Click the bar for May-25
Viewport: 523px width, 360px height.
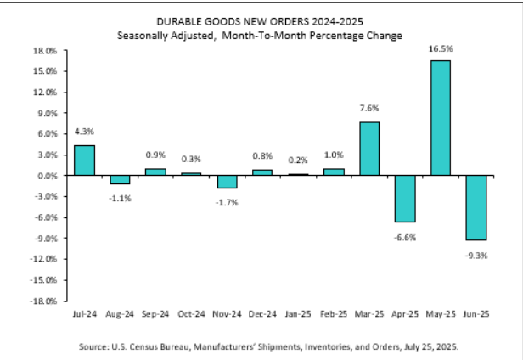[441, 118]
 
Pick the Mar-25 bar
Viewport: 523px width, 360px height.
[369, 149]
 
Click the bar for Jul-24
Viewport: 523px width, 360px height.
[84, 160]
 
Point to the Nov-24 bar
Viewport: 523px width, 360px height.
[227, 182]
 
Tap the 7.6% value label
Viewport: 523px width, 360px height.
[369, 109]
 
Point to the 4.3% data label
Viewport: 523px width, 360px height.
[84, 132]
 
